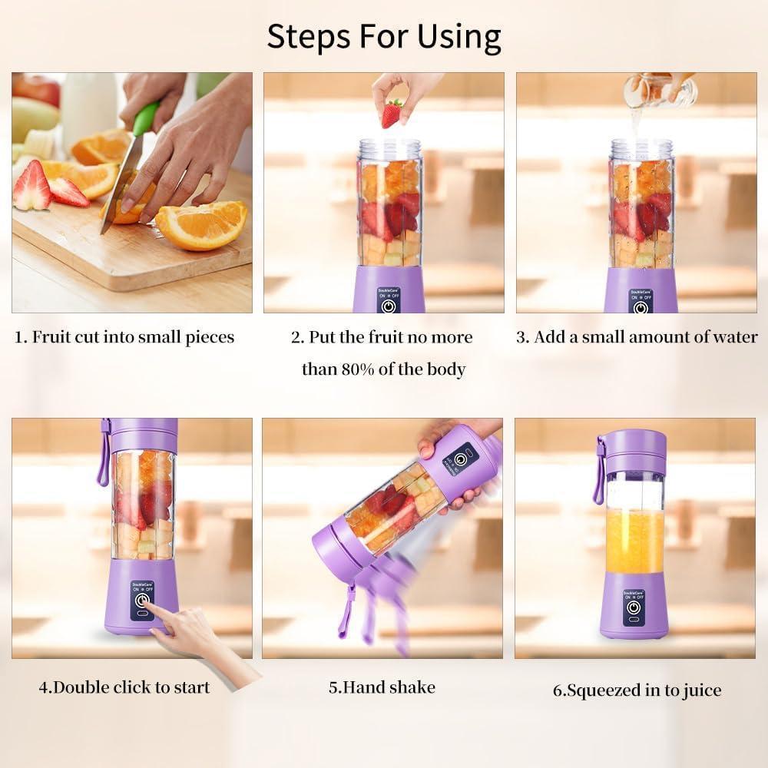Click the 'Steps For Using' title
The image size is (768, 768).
[x=384, y=36]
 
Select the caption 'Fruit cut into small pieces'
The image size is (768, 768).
[x=124, y=337]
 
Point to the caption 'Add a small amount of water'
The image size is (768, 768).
[x=637, y=337]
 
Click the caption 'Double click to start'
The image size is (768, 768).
[x=124, y=687]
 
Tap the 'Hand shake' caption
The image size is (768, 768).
[x=382, y=687]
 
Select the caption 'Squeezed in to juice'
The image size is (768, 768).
[x=637, y=690]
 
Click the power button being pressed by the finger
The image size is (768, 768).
[x=141, y=601]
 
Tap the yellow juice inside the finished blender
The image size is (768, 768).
[x=634, y=541]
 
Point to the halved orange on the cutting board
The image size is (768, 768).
[x=202, y=225]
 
